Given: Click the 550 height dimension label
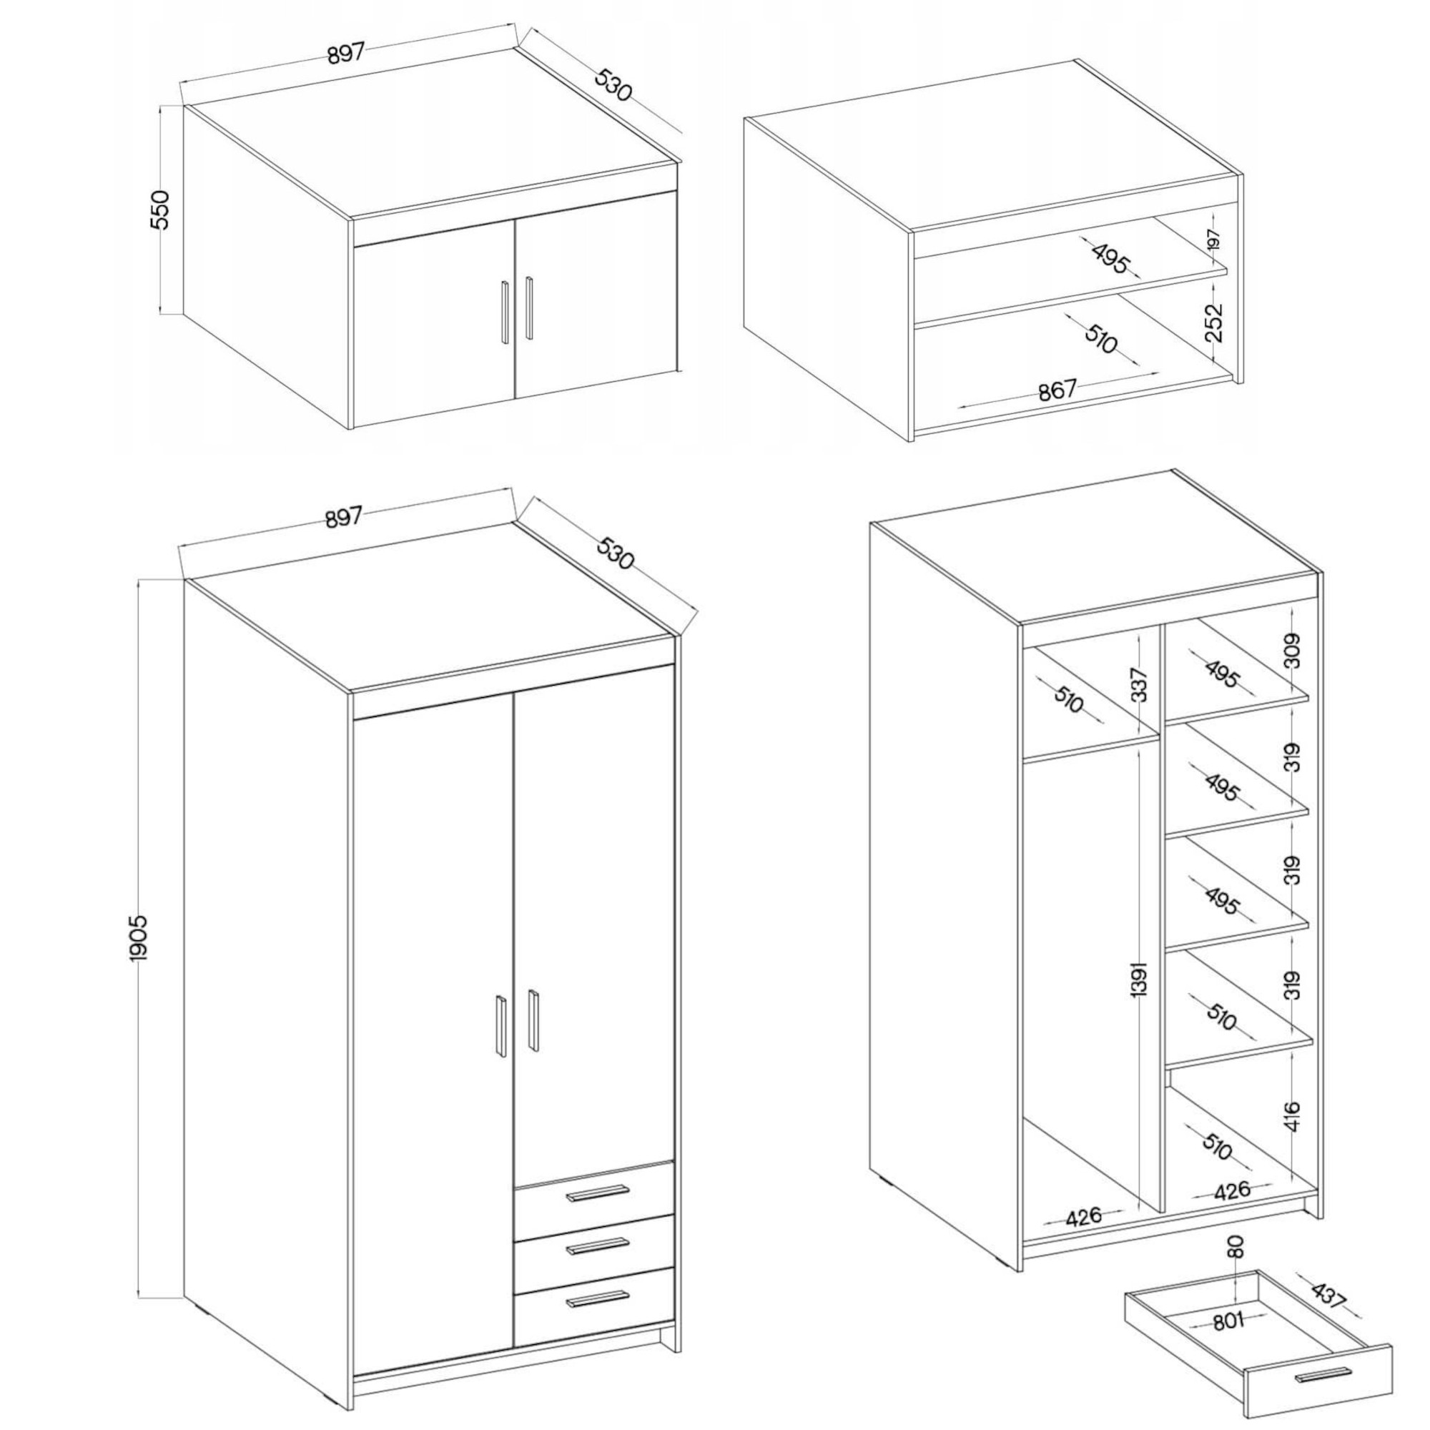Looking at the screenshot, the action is [x=161, y=209].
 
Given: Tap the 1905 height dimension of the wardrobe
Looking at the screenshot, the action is [x=139, y=937].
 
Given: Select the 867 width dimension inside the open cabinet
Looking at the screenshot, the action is [x=1057, y=390].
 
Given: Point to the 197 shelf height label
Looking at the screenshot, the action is [x=1213, y=239].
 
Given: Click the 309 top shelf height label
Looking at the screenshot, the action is [x=1291, y=651].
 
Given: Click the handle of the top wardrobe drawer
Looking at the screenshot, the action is [x=596, y=1192].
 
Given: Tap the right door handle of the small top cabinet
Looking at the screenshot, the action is [x=528, y=307].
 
